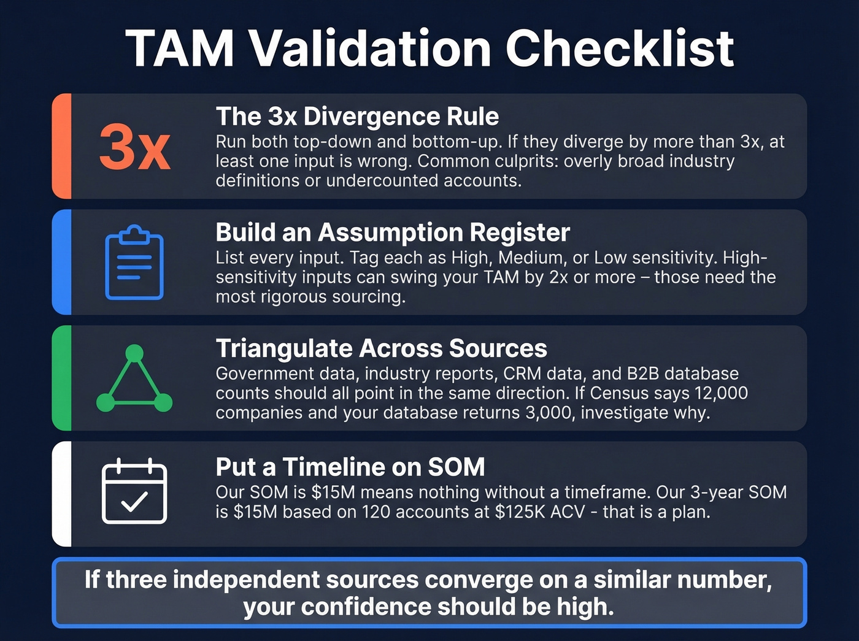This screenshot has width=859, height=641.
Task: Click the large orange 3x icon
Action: [x=134, y=147]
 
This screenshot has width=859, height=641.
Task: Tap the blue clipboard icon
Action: [x=134, y=263]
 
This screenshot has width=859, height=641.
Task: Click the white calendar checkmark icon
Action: [x=134, y=491]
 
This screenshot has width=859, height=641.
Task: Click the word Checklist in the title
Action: [x=619, y=48]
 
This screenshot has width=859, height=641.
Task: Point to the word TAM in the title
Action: [x=180, y=48]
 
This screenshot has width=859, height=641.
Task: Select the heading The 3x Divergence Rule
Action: [x=357, y=117]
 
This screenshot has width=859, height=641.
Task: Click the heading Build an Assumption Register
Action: [x=393, y=232]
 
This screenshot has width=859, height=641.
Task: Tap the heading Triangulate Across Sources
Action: [x=381, y=348]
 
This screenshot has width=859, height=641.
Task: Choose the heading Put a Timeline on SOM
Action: [x=350, y=467]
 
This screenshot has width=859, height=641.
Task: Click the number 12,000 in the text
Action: [x=721, y=393]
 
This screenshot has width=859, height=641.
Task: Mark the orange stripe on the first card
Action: [x=62, y=146]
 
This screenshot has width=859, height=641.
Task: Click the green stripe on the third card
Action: [x=62, y=378]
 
